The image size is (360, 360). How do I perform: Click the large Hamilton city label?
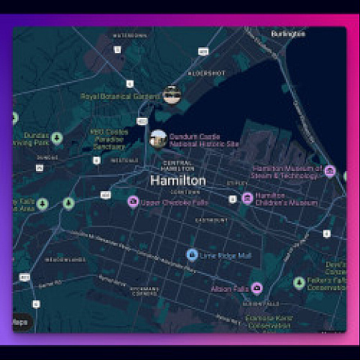click(178, 181)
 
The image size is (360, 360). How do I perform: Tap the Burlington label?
click(289, 34)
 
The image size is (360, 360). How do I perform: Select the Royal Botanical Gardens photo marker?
click(172, 95)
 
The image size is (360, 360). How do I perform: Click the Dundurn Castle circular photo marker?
click(158, 139)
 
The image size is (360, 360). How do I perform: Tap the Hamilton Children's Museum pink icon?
click(247, 198)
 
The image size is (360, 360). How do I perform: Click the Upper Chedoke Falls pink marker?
click(133, 201)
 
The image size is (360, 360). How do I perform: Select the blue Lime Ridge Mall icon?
click(192, 255)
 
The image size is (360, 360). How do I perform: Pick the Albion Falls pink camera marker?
click(256, 288)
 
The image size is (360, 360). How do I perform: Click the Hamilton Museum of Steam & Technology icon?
click(330, 171)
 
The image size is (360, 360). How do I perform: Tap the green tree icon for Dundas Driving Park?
click(57, 138)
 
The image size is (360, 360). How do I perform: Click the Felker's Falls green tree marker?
click(299, 283)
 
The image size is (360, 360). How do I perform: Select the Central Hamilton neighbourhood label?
click(177, 166)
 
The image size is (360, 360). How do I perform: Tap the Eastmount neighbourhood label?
click(211, 220)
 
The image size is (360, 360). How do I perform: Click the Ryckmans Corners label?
click(144, 290)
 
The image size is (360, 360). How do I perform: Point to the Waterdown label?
click(129, 35)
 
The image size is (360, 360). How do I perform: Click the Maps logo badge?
click(21, 322)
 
